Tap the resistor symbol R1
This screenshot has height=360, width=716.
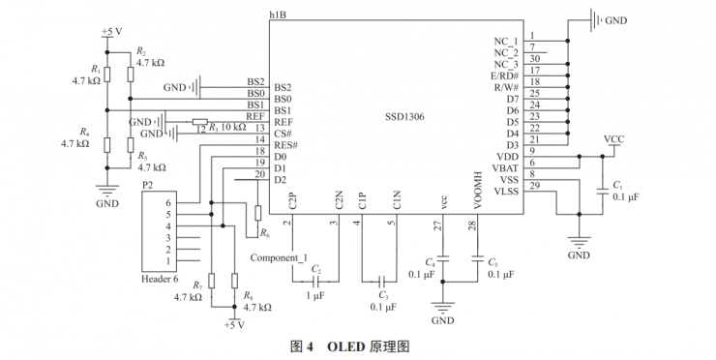pyautogui.click(x=107, y=75)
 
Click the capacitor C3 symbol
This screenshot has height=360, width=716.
pyautogui.click(x=380, y=281)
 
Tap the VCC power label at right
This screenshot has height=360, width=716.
pyautogui.click(x=613, y=138)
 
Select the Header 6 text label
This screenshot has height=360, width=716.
pyautogui.click(x=160, y=279)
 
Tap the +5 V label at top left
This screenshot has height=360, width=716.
pyautogui.click(x=111, y=31)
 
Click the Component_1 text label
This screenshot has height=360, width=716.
pyautogui.click(x=279, y=258)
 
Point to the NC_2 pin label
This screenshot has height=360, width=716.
pyautogui.click(x=505, y=51)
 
